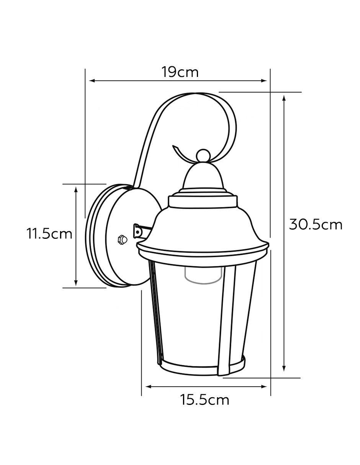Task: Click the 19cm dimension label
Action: [x=180, y=72]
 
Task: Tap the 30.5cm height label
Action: [x=316, y=225]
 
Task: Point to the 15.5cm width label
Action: [x=205, y=400]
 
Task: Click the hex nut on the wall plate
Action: [x=122, y=239]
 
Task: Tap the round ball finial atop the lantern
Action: [x=203, y=155]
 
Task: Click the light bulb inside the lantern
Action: [x=203, y=276]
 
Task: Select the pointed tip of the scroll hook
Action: [x=173, y=146]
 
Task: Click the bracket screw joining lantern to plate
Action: [x=137, y=232]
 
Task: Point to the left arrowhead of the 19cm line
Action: [x=92, y=81]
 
